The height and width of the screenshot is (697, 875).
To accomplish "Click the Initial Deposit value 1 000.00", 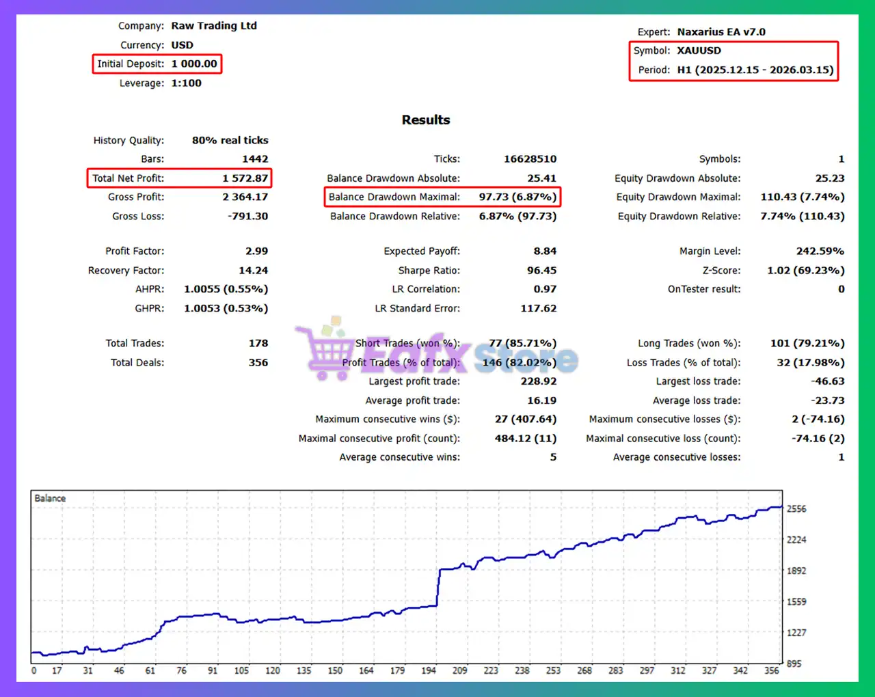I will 194,64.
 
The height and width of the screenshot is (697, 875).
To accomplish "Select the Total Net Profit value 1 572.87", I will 245,178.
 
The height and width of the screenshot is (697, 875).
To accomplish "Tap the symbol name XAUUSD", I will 699,51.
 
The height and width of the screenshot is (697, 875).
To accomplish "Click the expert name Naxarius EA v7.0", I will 721,31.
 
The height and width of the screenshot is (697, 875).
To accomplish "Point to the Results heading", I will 426,120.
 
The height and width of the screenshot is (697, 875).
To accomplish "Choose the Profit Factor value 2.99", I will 256,251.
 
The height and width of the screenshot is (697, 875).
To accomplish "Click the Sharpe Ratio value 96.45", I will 541,270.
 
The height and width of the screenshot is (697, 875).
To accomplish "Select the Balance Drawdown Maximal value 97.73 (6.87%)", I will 517,197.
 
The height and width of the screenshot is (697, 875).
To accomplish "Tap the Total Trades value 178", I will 258,343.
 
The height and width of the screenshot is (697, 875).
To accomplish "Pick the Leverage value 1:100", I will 186,83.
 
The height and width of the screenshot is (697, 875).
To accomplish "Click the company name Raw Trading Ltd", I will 214,25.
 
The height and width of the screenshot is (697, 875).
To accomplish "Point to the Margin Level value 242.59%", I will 820,251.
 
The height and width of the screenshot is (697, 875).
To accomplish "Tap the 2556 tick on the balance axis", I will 796,508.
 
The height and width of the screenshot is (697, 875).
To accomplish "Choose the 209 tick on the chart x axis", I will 459,670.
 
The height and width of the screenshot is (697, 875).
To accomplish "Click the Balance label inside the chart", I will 50,498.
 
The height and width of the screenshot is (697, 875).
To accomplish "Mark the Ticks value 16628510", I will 530,159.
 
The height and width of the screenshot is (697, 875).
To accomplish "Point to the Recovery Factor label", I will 126,270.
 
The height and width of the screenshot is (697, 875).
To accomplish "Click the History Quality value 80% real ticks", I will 230,140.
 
